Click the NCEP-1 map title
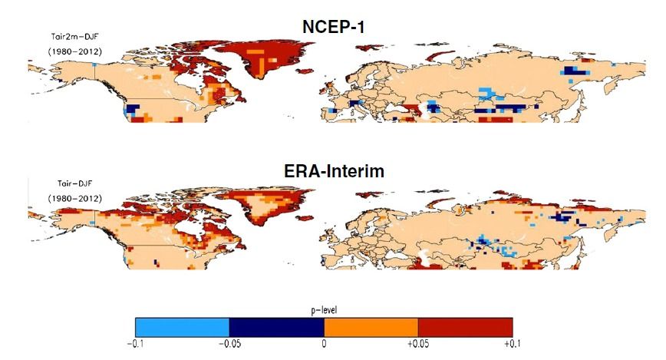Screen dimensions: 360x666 pyautogui.click(x=332, y=26)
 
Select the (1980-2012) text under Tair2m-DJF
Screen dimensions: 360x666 pyautogui.click(x=75, y=51)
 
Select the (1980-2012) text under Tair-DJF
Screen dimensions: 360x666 pyautogui.click(x=74, y=198)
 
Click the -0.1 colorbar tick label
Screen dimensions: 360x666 pyautogui.click(x=134, y=344)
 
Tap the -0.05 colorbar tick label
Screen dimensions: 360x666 pyautogui.click(x=228, y=344)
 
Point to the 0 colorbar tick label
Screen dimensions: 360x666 pyautogui.click(x=323, y=344)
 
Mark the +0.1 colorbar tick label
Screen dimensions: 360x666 pyautogui.click(x=510, y=344)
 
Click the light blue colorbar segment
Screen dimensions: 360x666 pyautogui.click(x=182, y=326)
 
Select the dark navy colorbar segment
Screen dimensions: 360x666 pyautogui.click(x=276, y=326)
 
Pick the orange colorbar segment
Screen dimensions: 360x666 pyautogui.click(x=371, y=326)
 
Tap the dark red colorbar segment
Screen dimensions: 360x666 pyautogui.click(x=465, y=326)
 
